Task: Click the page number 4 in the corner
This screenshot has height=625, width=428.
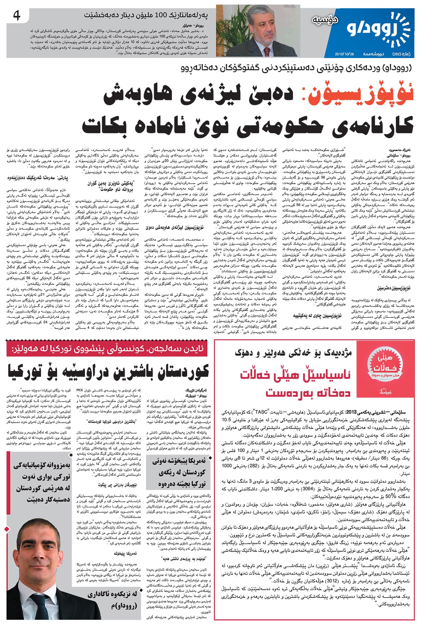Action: (17, 16)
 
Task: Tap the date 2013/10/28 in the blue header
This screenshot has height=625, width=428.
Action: (344, 54)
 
